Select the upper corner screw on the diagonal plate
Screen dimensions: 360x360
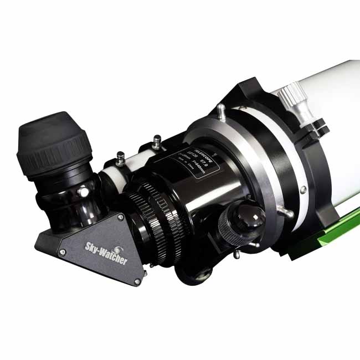(120, 218)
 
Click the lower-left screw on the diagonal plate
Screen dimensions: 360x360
(62, 253)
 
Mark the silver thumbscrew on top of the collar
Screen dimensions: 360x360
(220, 110)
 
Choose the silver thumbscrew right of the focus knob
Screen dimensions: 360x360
(286, 212)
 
